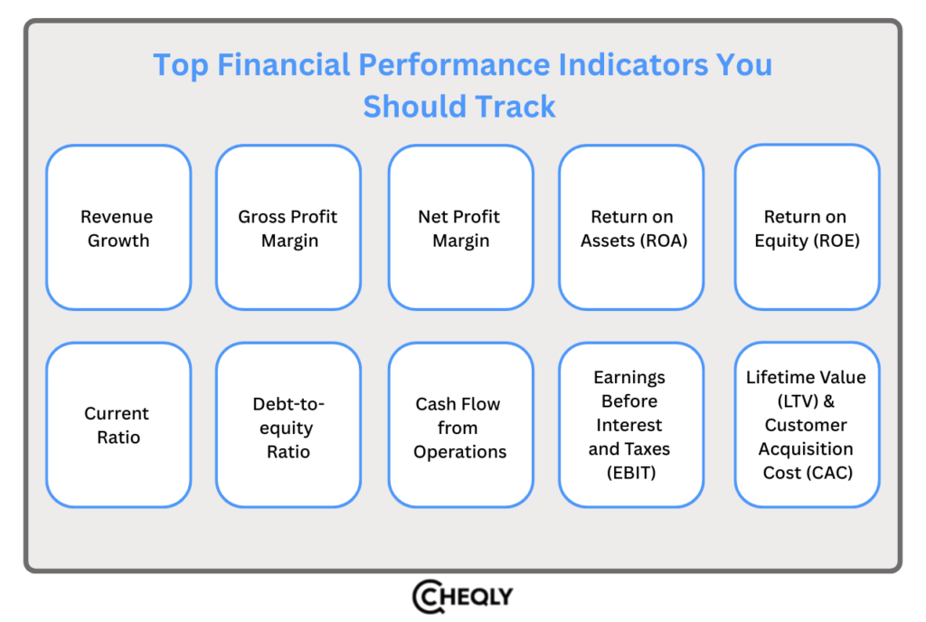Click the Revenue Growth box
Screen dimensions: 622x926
[118, 228]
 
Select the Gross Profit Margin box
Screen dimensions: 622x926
[288, 228]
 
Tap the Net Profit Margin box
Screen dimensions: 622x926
[460, 228]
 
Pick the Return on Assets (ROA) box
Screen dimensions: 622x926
[631, 228]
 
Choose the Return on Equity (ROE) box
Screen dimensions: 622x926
[806, 228]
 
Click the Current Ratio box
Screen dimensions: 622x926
[118, 425]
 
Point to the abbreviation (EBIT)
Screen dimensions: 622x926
[630, 473]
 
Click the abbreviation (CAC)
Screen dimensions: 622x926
[827, 473]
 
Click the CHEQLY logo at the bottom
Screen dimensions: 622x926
[462, 597]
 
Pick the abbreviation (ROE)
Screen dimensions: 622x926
[833, 241]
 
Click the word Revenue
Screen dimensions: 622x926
[117, 217]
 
